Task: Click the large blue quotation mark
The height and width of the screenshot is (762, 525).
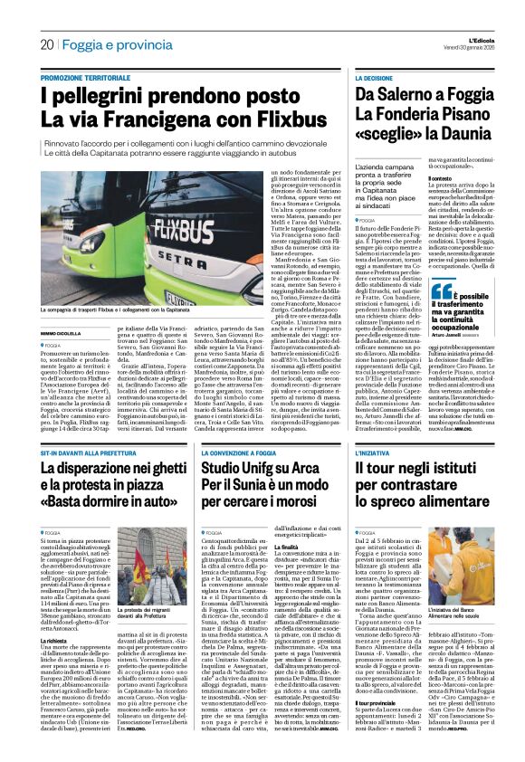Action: (x=442, y=291)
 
